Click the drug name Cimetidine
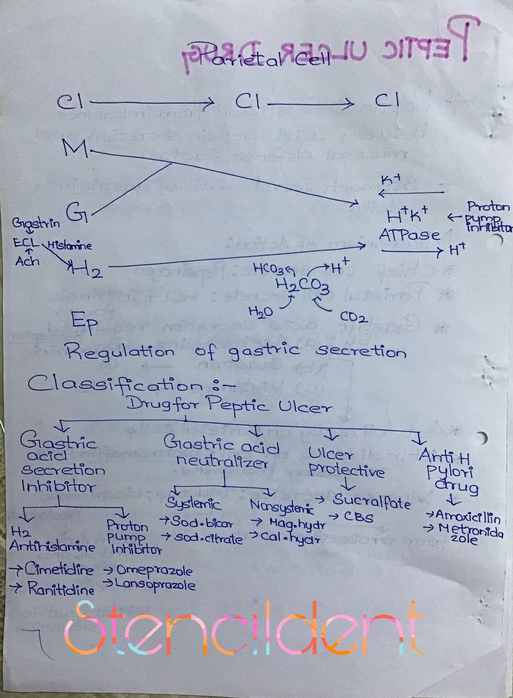[59, 570]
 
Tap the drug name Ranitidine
[61, 589]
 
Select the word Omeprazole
[154, 570]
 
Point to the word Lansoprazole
[155, 585]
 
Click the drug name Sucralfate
[372, 502]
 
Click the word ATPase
[409, 235]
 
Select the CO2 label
[354, 318]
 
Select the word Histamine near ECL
[70, 245]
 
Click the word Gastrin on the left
[36, 224]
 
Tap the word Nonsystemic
[282, 507]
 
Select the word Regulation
[120, 352]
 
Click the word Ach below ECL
[27, 261]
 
